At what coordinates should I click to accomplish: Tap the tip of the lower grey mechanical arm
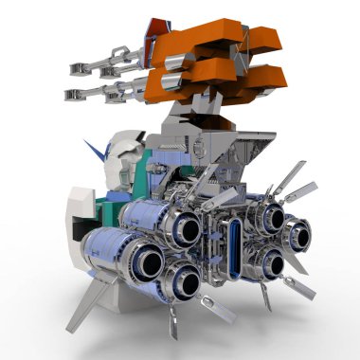click(68, 93)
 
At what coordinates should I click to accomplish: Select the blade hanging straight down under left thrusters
click(171, 323)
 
